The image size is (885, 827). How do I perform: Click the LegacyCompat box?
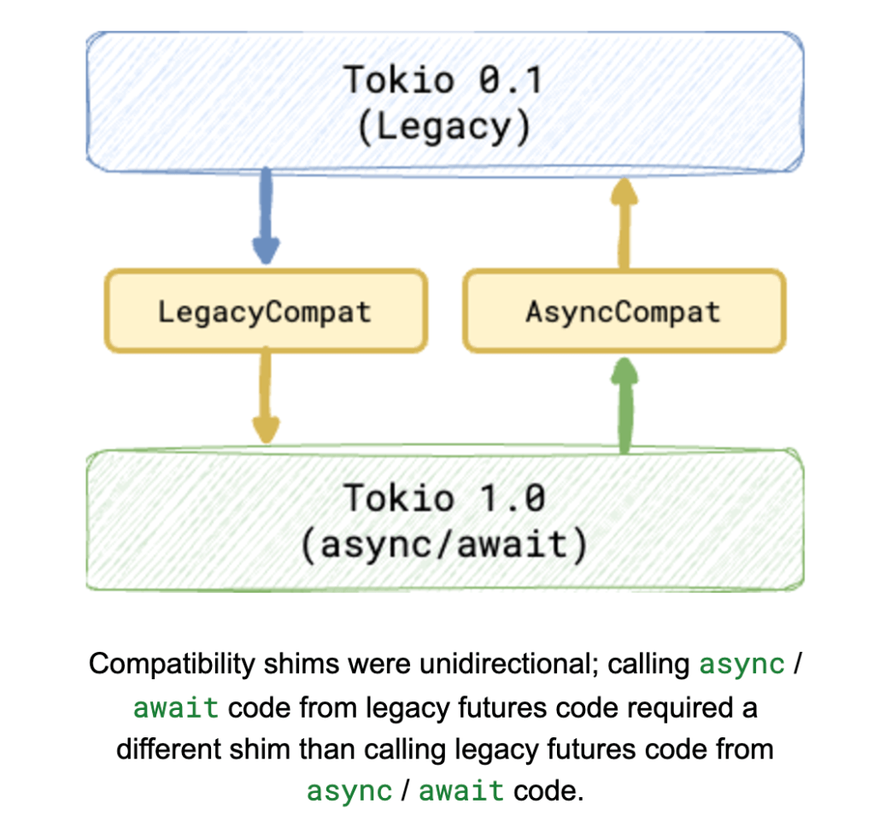click(265, 311)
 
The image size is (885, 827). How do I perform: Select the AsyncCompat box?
click(623, 311)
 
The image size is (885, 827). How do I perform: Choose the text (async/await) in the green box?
click(444, 544)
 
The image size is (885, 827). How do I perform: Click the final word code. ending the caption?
click(548, 790)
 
